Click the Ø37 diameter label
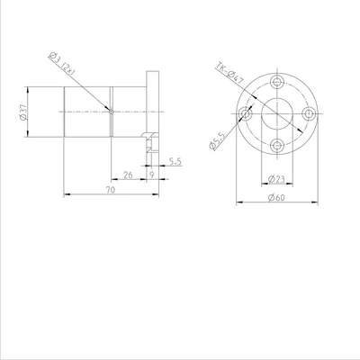pyautogui.click(x=22, y=112)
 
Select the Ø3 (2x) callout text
pyautogui.click(x=61, y=64)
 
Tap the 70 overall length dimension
pyautogui.click(x=111, y=190)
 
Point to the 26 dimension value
pyautogui.click(x=128, y=175)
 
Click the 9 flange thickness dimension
pyautogui.click(x=152, y=175)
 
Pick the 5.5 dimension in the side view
pyautogui.click(x=175, y=161)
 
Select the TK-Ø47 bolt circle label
pyautogui.click(x=229, y=74)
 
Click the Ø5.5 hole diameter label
pyautogui.click(x=217, y=141)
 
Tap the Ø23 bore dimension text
pyautogui.click(x=276, y=179)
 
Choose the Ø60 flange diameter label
pyautogui.click(x=276, y=198)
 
